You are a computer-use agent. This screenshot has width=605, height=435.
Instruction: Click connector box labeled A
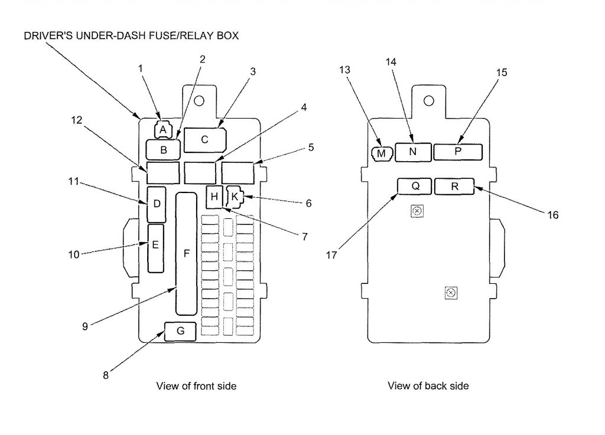163,129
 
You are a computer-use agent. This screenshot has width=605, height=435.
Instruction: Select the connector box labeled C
205,140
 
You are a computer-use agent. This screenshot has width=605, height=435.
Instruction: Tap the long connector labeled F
186,254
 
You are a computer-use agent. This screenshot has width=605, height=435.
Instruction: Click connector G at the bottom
180,332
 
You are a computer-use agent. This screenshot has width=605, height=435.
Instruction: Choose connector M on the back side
381,153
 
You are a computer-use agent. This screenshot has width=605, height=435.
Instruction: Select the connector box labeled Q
414,186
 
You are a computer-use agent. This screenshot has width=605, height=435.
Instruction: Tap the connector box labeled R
454,186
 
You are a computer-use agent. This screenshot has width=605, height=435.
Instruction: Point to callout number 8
106,375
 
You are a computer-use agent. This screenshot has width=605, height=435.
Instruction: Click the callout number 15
501,73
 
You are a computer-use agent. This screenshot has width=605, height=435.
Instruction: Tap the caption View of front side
196,386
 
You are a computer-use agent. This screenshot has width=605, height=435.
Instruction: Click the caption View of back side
428,386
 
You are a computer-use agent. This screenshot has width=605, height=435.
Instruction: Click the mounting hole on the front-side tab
199,100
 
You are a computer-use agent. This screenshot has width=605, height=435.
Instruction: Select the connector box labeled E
155,247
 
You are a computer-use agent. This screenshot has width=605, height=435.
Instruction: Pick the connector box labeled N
412,152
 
